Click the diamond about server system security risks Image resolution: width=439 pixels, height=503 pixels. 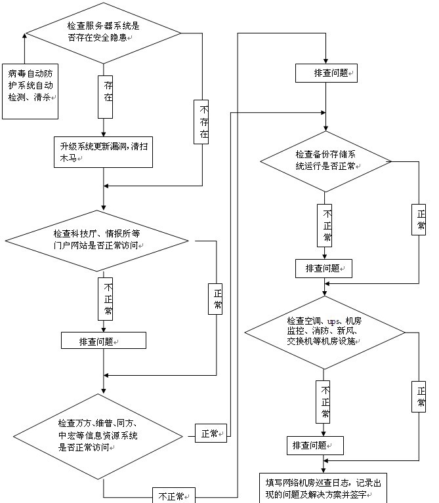(x=104, y=31)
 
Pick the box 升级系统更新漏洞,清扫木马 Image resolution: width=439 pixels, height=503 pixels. (x=103, y=151)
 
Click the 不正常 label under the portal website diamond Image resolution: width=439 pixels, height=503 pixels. (x=107, y=299)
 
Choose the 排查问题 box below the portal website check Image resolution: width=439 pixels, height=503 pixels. (x=103, y=341)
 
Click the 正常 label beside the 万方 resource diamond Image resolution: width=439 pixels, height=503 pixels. (x=211, y=433)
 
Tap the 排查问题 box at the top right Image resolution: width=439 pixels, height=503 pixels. (x=326, y=73)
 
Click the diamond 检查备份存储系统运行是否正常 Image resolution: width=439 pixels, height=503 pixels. (x=326, y=161)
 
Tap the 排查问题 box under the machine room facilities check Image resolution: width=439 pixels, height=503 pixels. (x=316, y=445)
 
